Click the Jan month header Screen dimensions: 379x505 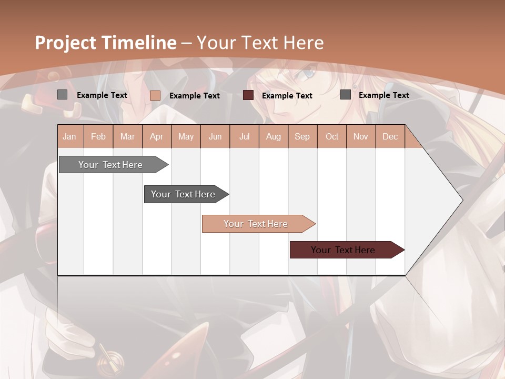(69, 136)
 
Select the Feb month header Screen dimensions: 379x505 (98, 136)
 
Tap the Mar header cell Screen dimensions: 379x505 (127, 136)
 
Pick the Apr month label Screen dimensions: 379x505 (157, 136)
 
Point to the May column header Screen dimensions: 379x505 (186, 136)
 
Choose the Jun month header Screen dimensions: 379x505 (215, 136)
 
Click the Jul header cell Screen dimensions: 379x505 (244, 136)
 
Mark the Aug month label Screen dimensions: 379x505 (274, 136)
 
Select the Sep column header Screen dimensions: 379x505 (302, 136)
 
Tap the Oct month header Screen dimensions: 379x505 (332, 136)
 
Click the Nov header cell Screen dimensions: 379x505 (361, 136)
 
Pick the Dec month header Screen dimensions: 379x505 (390, 136)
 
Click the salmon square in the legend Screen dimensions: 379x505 (155, 95)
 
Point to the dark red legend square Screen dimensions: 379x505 (248, 95)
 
